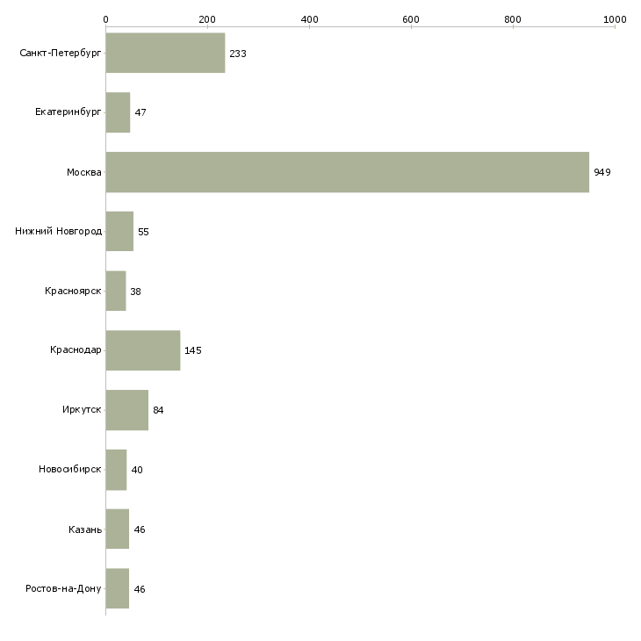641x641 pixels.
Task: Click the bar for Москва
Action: pos(348,172)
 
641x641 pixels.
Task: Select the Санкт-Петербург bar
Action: pos(165,53)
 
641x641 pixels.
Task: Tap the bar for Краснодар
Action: pos(142,350)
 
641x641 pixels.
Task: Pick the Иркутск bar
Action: pos(126,410)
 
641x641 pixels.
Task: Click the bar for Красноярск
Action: pos(116,291)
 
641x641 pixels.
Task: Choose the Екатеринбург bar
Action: pos(118,112)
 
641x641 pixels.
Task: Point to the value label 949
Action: pos(602,172)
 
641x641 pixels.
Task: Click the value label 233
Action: pos(237,54)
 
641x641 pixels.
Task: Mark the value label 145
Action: pos(192,350)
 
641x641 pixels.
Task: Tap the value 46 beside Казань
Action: pos(140,529)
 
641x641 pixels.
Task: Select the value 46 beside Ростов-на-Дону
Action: pos(140,589)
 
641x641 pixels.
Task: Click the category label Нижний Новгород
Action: pos(59,232)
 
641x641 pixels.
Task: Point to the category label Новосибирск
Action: pos(70,469)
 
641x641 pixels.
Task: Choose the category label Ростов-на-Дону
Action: pos(63,588)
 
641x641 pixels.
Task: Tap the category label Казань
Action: pos(85,529)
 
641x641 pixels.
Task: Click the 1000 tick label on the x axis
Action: pos(615,19)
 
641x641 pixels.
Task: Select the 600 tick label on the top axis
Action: pos(411,19)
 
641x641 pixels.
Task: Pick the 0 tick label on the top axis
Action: pos(106,19)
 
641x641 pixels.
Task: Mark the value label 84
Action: pos(158,410)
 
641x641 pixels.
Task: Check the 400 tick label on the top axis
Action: pos(309,19)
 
